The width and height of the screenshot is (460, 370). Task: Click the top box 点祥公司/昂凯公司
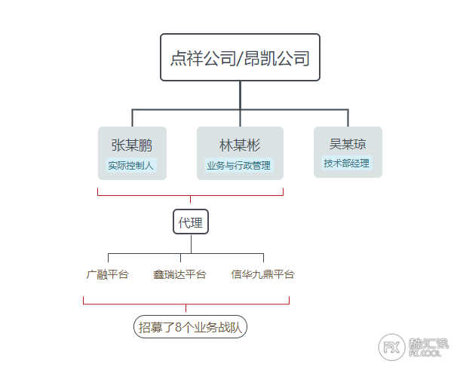[x=240, y=57]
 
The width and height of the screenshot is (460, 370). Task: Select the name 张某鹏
[x=132, y=145]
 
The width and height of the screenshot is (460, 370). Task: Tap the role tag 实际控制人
[x=131, y=165]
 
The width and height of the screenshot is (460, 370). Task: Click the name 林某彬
[x=240, y=145]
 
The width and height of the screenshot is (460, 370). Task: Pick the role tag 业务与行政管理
[x=239, y=165]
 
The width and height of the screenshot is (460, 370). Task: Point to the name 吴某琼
[x=348, y=144]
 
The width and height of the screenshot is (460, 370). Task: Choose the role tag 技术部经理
[x=346, y=163]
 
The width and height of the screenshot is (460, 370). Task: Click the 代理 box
[x=191, y=222]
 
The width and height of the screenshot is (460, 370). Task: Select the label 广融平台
[x=107, y=274]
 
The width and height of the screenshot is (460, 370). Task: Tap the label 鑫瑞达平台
[x=179, y=274]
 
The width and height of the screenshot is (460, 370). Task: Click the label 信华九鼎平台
[x=262, y=274]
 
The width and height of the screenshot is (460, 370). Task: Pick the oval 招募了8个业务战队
[x=190, y=326]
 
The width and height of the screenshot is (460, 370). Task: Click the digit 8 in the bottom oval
[x=179, y=327]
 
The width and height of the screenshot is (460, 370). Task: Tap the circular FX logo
[x=391, y=347]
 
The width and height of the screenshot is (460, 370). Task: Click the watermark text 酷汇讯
[x=428, y=344]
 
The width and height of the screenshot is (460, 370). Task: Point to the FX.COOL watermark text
[x=425, y=353]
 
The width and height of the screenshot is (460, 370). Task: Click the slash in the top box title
[x=240, y=58]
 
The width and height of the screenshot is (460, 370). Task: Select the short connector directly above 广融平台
[x=109, y=258]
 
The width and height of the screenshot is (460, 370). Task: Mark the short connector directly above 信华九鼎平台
[x=263, y=258]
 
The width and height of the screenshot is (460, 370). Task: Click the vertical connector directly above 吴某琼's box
[x=348, y=118]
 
